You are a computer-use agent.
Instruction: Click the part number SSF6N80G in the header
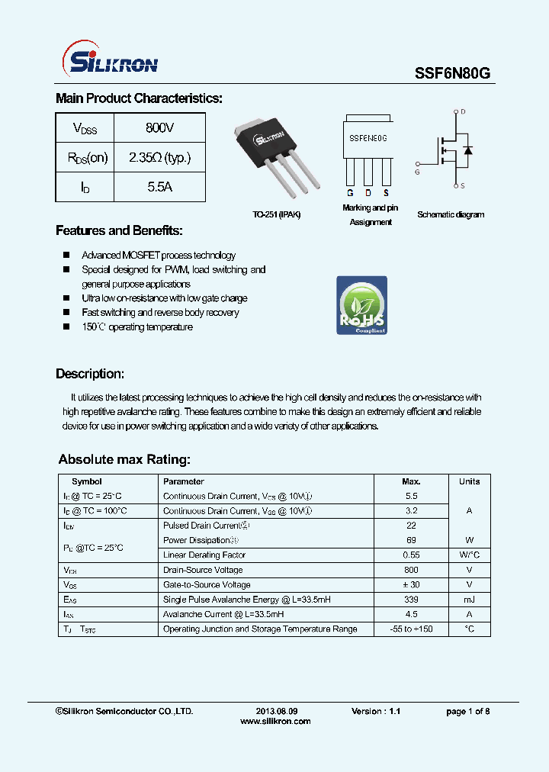tap(452, 73)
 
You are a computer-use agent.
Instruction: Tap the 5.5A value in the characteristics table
tap(159, 187)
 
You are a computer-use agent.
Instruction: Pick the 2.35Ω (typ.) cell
tap(159, 158)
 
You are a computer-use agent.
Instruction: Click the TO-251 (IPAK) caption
tap(277, 214)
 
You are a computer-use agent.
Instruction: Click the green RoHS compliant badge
tap(361, 305)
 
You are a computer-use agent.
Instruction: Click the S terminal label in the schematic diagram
tap(463, 186)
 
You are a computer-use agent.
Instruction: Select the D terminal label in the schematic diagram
tap(463, 112)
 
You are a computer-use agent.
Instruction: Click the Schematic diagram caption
tap(451, 214)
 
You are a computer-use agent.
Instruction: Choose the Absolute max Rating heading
tap(124, 459)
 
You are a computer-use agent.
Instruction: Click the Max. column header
tap(411, 481)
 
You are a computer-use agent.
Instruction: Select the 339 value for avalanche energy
tap(411, 600)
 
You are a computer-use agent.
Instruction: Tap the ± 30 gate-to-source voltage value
tap(411, 584)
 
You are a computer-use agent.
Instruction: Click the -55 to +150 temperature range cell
tap(411, 629)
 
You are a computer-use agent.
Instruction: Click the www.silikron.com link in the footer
tap(275, 721)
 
